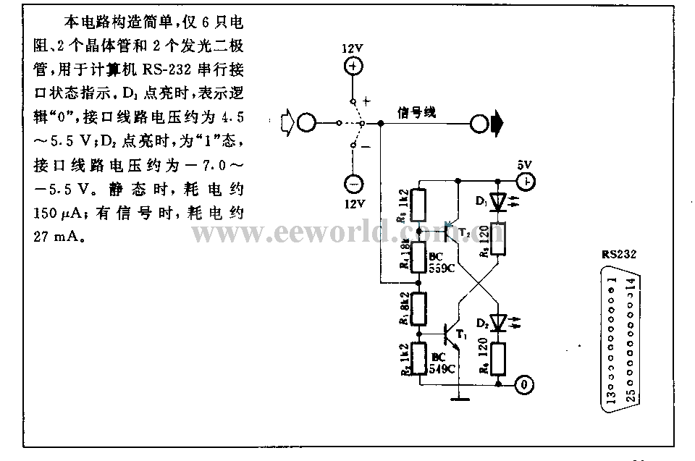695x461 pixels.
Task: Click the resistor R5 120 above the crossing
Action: tap(498, 239)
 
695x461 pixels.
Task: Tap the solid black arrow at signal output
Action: tap(497, 124)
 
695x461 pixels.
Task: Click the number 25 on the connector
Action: tap(629, 396)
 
